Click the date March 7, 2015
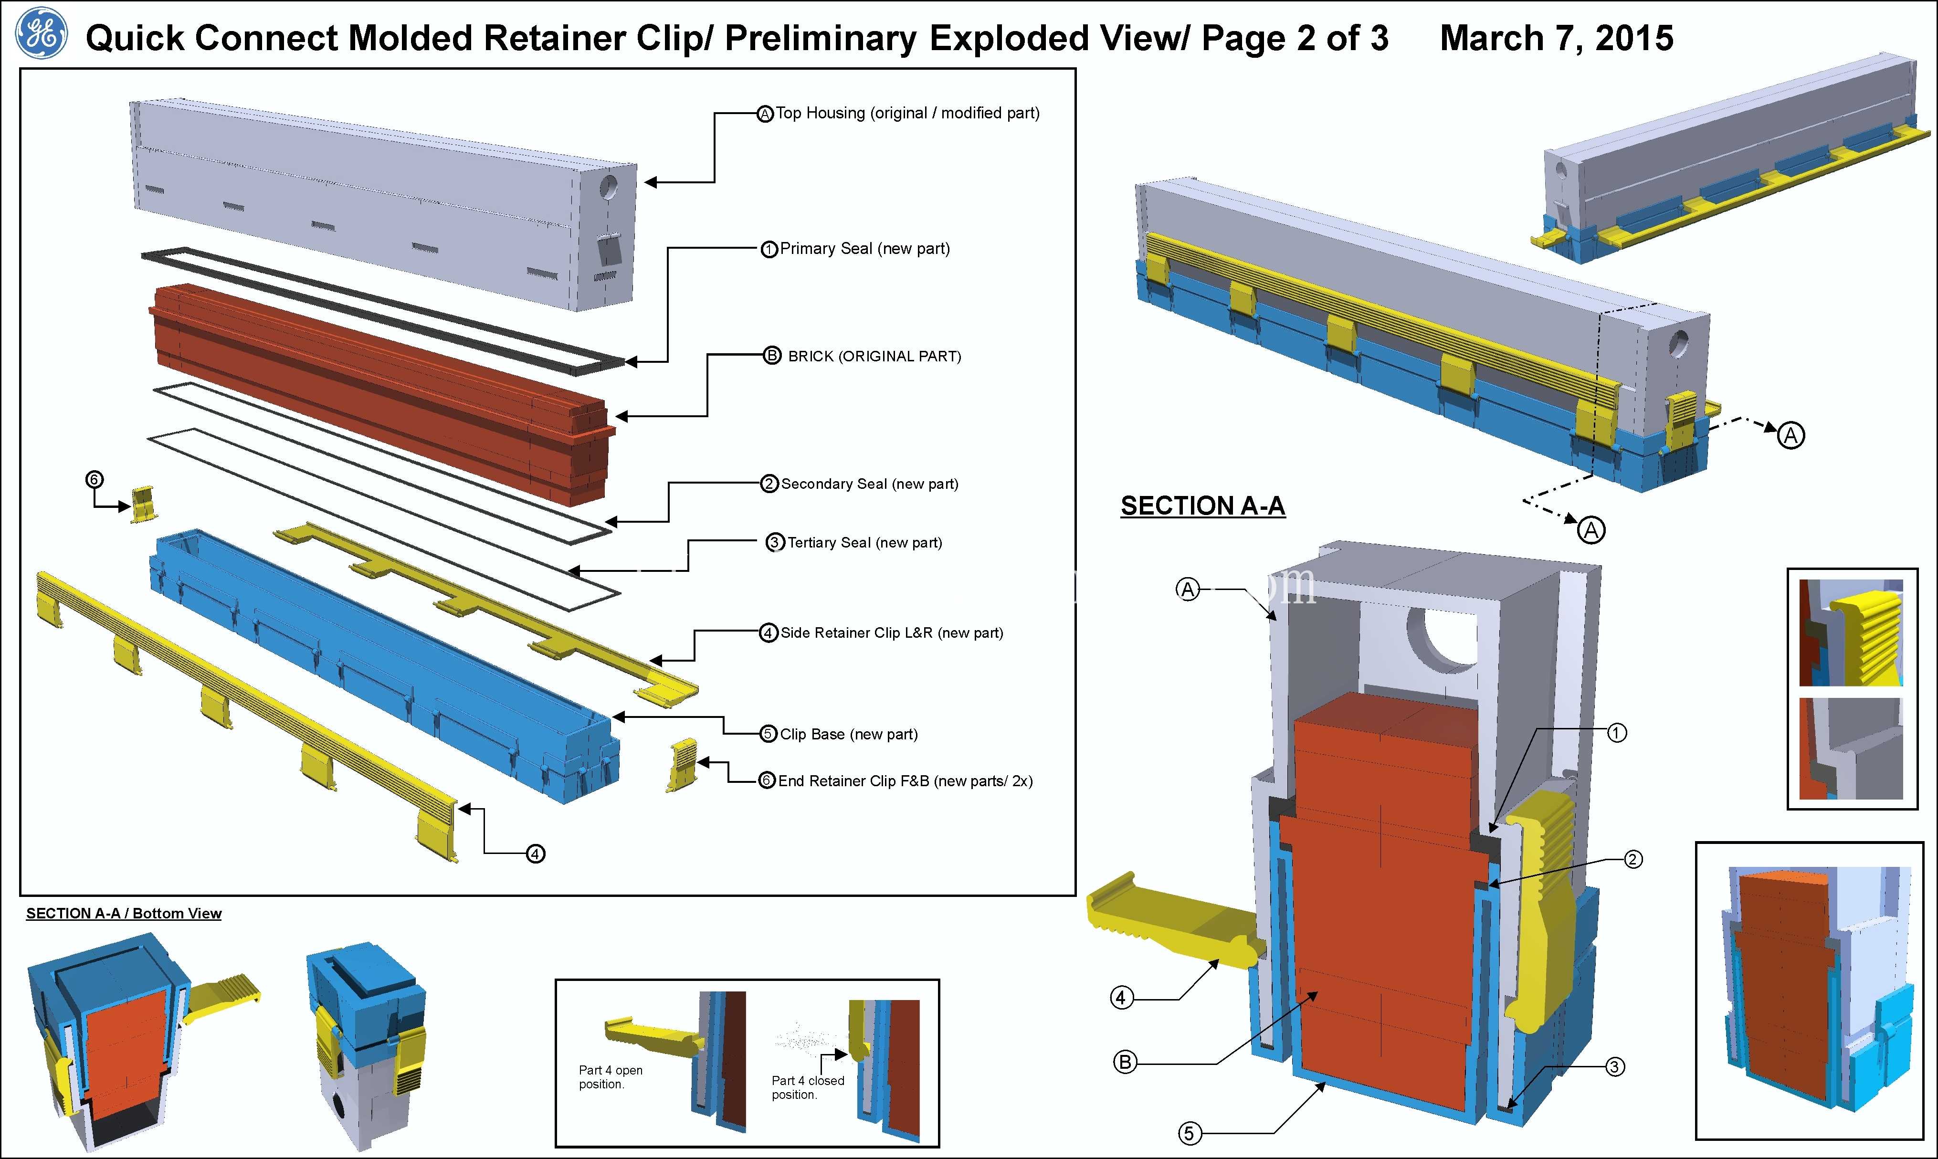click(1556, 38)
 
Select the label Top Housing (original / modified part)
click(907, 113)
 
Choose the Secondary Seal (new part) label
click(870, 484)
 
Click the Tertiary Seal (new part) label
click(864, 543)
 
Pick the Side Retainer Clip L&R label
click(892, 632)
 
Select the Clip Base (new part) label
click(849, 734)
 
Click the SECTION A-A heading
click(1202, 506)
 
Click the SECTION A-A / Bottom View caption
click(123, 914)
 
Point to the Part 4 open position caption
click(611, 1077)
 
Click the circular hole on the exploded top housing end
click(609, 187)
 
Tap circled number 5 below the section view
click(1189, 1133)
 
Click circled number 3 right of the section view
click(1615, 1067)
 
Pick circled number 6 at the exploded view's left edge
click(94, 480)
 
